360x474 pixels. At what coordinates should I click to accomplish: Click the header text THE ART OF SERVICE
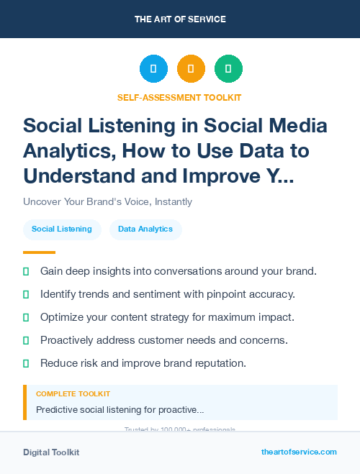tap(180, 19)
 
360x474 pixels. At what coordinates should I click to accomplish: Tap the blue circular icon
tap(153, 68)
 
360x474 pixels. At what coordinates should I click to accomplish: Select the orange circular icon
tap(191, 68)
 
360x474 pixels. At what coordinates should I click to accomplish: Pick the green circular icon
tap(228, 68)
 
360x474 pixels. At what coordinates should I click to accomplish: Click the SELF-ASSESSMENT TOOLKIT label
tap(179, 97)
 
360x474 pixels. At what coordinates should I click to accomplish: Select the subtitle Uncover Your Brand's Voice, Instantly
tap(107, 202)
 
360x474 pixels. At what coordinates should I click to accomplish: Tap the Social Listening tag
tap(62, 229)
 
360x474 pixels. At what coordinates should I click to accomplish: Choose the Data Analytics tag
tap(145, 229)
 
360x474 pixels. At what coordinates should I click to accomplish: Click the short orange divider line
tap(39, 252)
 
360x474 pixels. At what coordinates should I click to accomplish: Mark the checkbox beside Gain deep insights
tap(26, 271)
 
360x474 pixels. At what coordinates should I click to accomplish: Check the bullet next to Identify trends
tap(26, 294)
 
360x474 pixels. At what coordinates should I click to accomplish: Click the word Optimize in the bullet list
tap(63, 317)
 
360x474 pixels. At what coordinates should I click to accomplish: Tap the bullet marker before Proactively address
tap(26, 340)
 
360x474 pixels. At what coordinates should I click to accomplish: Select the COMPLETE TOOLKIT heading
tap(73, 394)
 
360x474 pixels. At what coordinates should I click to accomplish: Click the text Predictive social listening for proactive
tap(120, 410)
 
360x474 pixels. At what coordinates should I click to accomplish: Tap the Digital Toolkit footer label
tap(51, 452)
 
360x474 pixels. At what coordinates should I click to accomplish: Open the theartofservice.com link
tap(299, 452)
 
